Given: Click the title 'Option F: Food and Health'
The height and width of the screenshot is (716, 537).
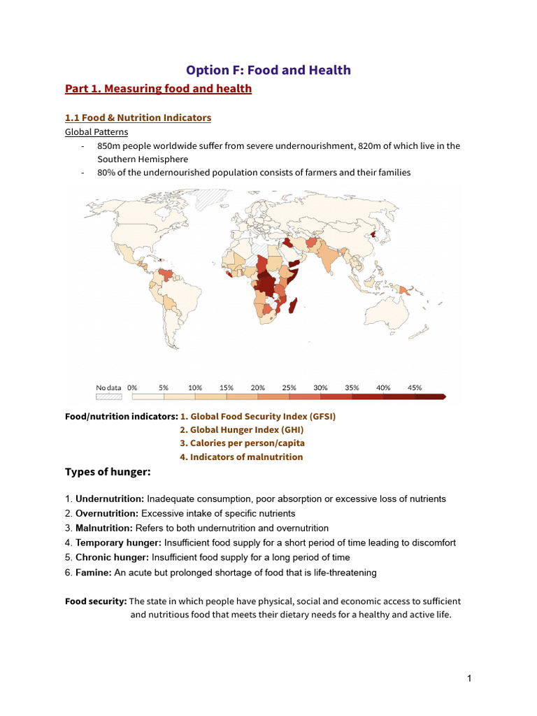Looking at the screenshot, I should click(x=268, y=70).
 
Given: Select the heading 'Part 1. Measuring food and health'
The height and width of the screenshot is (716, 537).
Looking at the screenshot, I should click(x=158, y=89).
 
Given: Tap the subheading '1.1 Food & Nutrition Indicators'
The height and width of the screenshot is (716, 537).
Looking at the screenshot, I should click(x=138, y=117).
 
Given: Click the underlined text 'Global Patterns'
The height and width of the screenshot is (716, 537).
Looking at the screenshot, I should click(x=96, y=131).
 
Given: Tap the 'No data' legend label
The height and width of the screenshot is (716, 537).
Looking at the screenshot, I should click(x=108, y=387).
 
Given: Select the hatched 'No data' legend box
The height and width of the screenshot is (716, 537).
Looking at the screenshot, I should click(x=108, y=396).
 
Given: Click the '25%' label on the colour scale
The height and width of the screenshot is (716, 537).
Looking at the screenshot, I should click(x=289, y=387).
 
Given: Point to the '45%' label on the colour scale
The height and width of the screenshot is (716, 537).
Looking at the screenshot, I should click(x=414, y=387).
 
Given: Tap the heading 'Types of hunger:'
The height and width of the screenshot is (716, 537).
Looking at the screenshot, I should click(x=108, y=472).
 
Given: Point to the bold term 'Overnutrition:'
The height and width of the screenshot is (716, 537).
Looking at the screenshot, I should click(x=107, y=513).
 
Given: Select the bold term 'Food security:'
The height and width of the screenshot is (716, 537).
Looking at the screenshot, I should click(x=96, y=601).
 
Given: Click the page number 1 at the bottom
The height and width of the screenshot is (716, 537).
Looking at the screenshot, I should click(x=470, y=678).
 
